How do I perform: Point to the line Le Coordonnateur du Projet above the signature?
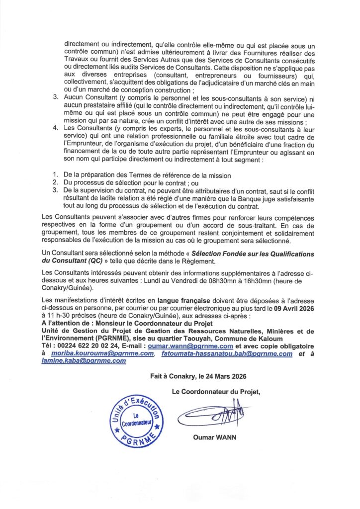pyautogui.click(x=215, y=392)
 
